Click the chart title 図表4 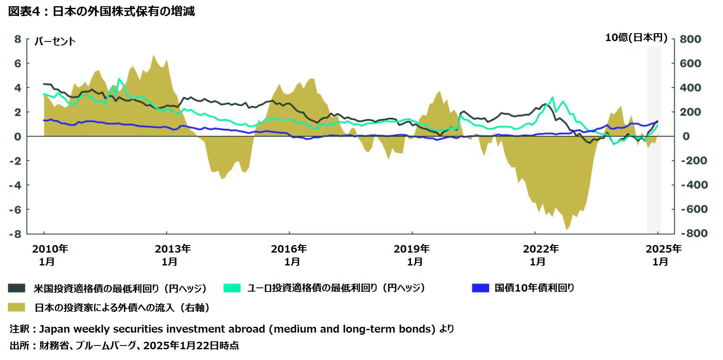pos(25,11)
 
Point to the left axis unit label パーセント pos(55,41)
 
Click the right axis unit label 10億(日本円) pos(636,38)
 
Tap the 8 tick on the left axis pos(17,39)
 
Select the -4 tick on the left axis pos(15,185)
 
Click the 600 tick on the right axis pos(690,63)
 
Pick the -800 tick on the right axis pos(694,233)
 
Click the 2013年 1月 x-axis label pos(172,255)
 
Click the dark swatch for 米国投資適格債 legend pos(17,288)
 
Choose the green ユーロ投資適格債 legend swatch pos(232,288)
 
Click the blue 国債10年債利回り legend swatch pos(480,288)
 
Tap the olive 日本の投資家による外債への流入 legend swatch pos(17,307)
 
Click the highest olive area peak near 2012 pos(153,56)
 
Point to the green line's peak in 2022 pos(552,97)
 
